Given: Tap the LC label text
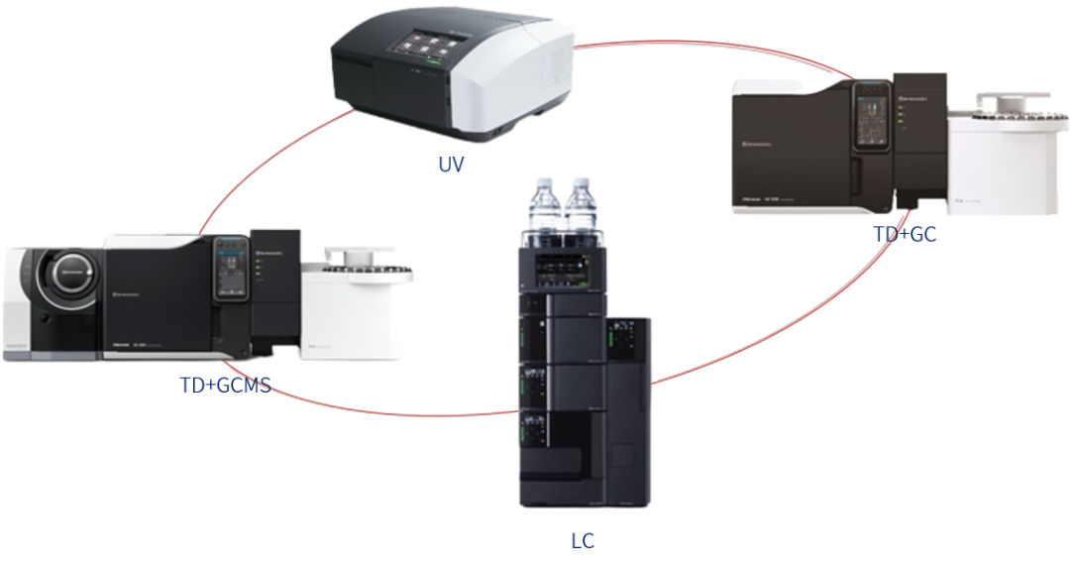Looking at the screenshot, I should [583, 541].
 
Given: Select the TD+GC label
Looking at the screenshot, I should [905, 234].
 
